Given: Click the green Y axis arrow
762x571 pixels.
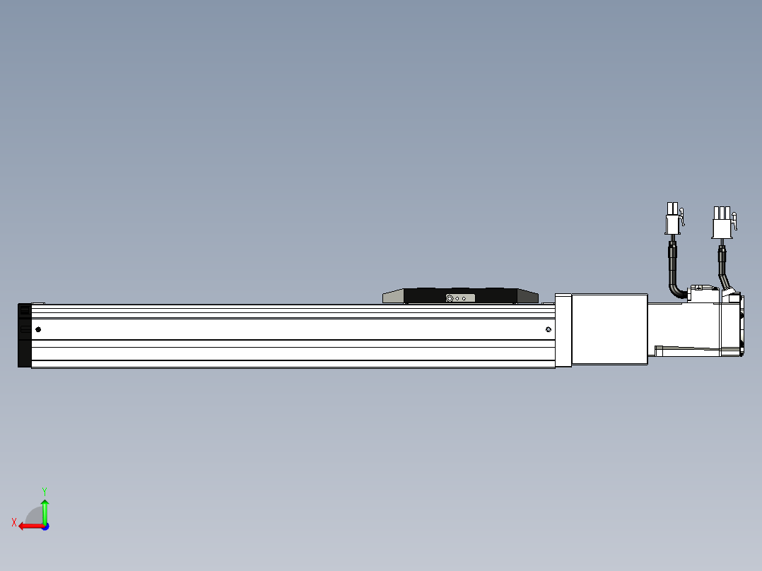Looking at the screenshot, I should (45, 510).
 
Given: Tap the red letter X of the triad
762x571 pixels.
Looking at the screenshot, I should (14, 522).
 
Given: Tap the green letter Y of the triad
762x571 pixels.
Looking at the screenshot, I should (44, 490).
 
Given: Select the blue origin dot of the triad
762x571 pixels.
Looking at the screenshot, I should (45, 526).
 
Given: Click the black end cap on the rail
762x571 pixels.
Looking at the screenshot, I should (24, 336).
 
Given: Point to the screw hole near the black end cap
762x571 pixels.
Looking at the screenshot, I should (38, 329).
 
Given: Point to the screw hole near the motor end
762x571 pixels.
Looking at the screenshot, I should (549, 329).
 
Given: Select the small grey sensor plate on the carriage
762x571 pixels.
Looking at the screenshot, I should (457, 298).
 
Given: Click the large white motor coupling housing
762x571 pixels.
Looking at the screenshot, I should (609, 329).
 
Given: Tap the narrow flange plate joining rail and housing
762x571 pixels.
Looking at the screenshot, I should (563, 330).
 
